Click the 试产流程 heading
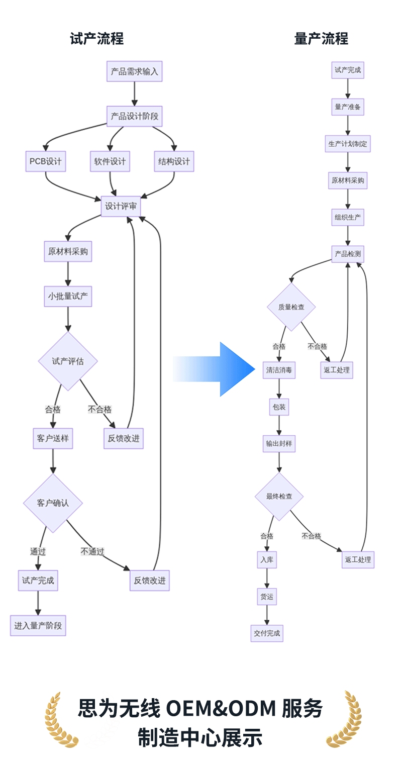coord(96,39)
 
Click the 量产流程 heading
coord(321,39)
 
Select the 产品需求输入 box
coord(134,71)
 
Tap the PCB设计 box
coord(45,161)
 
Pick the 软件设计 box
coord(110,161)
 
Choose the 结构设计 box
coord(174,161)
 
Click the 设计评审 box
coord(121,206)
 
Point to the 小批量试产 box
coord(68,297)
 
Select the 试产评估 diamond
coord(68,361)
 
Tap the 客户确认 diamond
coord(53,503)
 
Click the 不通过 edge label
coord(92,551)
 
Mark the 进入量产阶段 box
coord(38,625)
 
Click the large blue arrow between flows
coord(214,369)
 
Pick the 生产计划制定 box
coord(348,144)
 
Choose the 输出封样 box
coord(279,444)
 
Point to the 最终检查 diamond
coord(279,497)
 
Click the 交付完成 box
coord(267,633)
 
